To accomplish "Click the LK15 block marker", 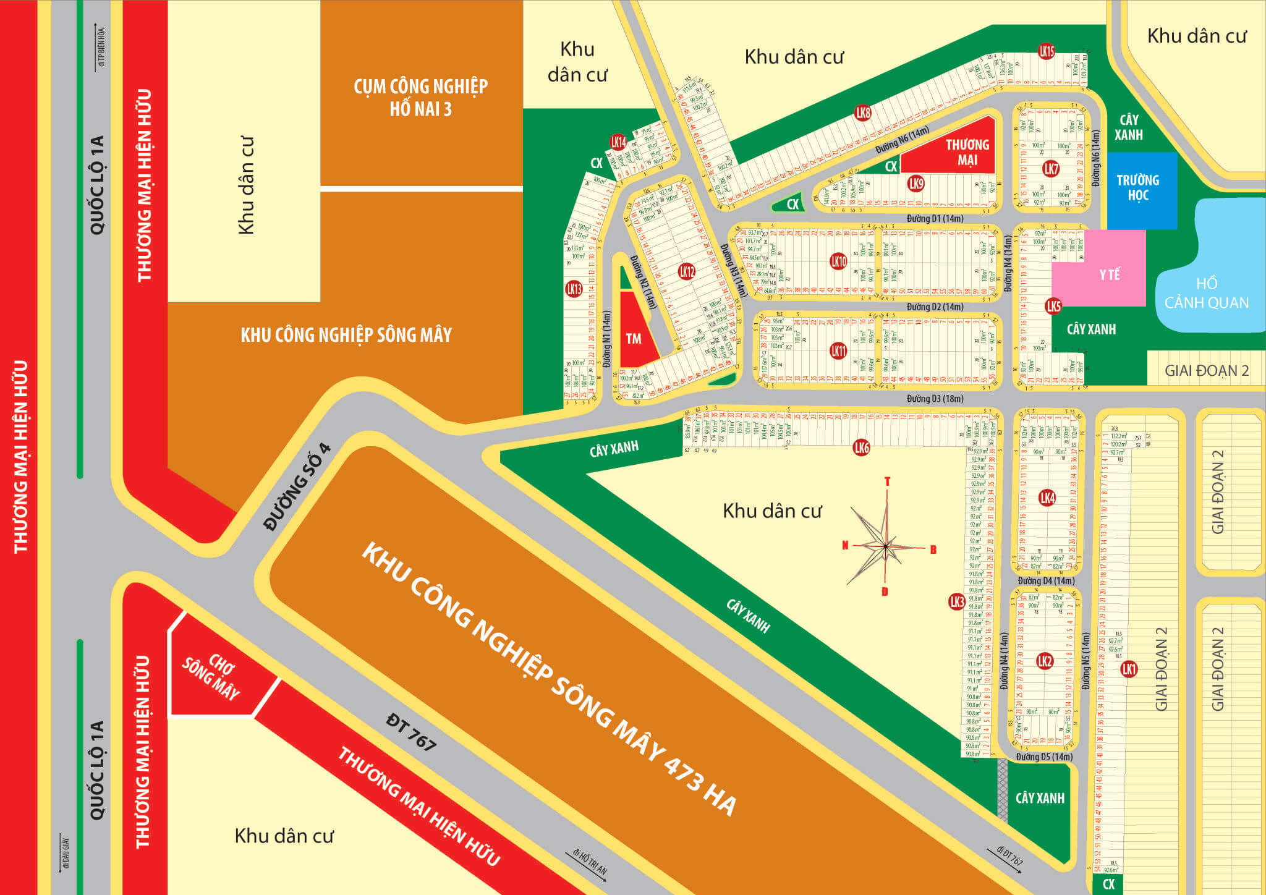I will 1046,51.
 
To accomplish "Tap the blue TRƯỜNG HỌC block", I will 1137,189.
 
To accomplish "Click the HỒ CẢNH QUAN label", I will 1206,293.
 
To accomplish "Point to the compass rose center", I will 886,546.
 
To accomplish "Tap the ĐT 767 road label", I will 410,732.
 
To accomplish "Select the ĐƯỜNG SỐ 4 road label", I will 297,488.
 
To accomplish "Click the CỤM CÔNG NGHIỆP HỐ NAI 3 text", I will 420,98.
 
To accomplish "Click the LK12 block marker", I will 687,271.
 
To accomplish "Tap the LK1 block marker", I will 1129,669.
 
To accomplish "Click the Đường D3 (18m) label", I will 935,399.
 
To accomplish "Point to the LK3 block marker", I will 956,601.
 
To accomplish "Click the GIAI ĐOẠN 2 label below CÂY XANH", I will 1206,371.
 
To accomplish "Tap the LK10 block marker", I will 838,261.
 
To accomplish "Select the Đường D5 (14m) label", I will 1044,757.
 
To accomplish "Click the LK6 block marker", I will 861,448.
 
